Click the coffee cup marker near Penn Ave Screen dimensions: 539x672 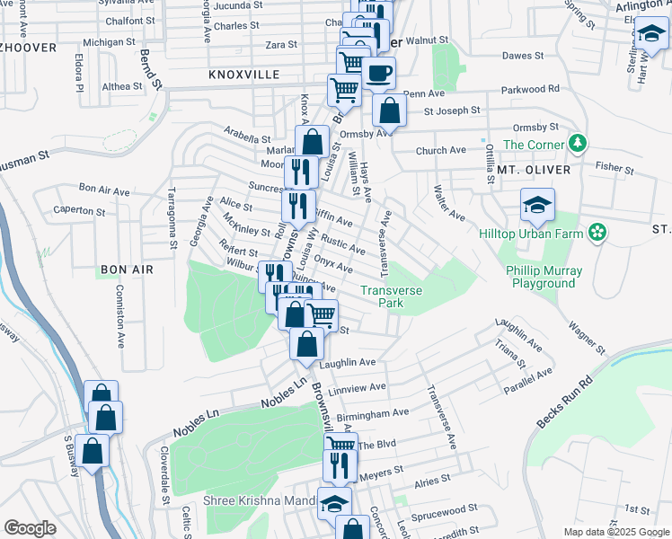click(378, 73)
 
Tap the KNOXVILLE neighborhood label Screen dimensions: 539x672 click(243, 75)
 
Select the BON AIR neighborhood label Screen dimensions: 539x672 click(127, 269)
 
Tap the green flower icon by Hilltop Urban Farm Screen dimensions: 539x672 click(596, 233)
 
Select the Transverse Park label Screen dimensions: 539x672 click(394, 296)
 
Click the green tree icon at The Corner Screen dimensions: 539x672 click(580, 143)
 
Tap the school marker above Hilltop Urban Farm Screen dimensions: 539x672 click(536, 205)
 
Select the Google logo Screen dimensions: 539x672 click(30, 528)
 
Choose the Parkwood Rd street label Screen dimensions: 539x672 click(530, 89)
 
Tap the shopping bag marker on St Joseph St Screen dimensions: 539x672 click(389, 111)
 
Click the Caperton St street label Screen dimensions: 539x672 click(79, 210)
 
